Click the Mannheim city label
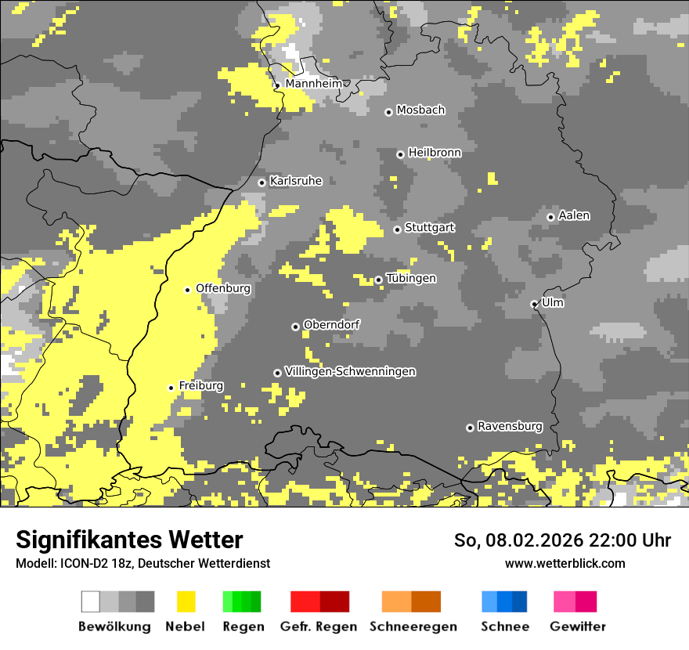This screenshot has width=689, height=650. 313,84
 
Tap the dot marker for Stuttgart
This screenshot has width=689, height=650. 397,229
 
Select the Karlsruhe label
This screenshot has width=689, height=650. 296,181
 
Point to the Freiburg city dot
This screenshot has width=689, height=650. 171,388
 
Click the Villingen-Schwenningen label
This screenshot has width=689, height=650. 350,372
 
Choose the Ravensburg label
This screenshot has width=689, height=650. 510,427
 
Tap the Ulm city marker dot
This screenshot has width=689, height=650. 534,304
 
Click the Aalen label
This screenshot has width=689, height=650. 574,215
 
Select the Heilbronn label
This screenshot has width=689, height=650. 435,153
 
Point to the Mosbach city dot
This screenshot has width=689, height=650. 388,112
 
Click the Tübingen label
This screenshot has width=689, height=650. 411,279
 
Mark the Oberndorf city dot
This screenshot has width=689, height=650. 295,327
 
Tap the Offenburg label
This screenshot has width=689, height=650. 223,288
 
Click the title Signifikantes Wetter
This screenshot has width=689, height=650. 129,540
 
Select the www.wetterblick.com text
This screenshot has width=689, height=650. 565,563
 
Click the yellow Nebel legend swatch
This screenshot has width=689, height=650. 186,601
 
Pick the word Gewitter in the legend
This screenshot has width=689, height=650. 578,627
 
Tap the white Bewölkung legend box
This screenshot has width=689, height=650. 91,601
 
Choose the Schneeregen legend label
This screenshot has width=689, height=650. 413,627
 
